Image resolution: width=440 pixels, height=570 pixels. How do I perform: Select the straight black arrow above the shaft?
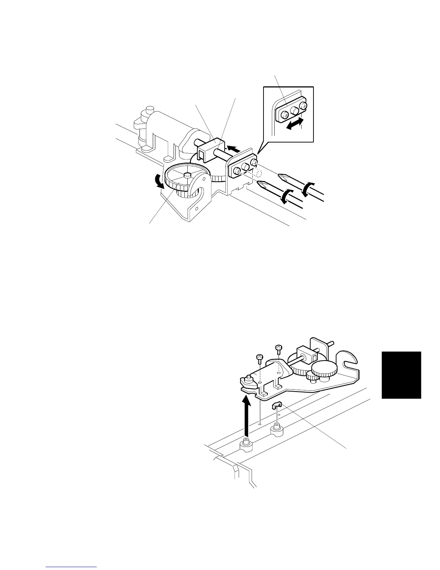231,148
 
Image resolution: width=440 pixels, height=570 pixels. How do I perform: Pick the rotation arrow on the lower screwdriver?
286,197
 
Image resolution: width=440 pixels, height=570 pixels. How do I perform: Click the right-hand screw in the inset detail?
304,106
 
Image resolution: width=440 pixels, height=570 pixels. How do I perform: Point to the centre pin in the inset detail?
295,110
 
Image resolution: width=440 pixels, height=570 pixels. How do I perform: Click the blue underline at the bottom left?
72,567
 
